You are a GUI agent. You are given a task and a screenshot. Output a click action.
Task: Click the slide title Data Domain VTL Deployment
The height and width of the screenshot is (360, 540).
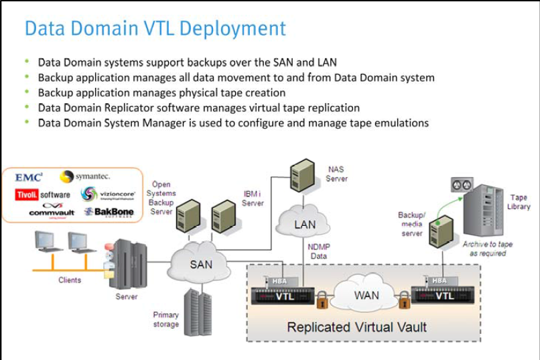pos(155,29)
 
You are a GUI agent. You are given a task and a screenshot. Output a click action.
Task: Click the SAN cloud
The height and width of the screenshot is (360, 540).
pos(201,264)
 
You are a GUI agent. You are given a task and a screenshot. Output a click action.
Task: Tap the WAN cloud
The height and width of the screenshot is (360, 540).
pos(366,295)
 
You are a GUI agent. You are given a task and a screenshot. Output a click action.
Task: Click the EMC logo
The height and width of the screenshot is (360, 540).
pos(29,177)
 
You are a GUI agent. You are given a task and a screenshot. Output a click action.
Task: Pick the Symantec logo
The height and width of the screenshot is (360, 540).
pos(85,176)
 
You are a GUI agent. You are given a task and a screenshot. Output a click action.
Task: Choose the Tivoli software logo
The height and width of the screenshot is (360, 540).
pos(42,194)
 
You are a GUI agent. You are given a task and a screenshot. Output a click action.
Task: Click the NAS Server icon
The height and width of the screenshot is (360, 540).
pos(302,175)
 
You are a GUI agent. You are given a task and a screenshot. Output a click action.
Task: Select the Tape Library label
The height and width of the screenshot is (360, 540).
pos(519,202)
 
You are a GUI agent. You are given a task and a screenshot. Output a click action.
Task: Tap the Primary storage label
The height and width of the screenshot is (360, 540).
pos(165,320)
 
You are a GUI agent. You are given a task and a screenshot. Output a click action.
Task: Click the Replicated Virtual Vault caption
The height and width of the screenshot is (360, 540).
pos(356,327)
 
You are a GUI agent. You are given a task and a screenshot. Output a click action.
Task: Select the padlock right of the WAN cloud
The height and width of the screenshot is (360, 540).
pos(404,302)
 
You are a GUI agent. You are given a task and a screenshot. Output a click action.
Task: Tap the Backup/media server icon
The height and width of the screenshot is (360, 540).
pos(441,232)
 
